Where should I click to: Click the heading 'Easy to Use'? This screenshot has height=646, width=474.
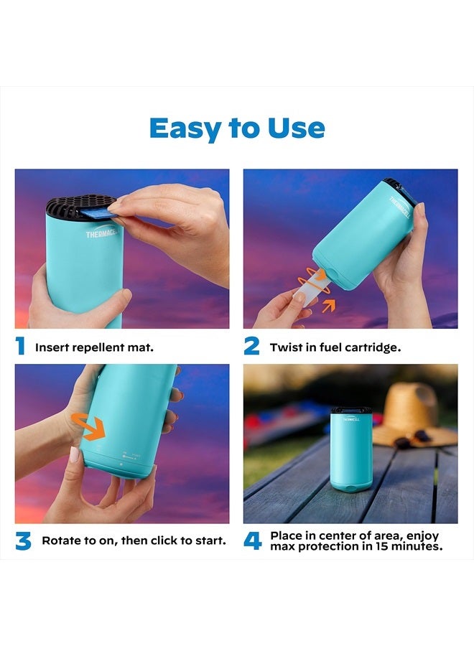[x=237, y=128]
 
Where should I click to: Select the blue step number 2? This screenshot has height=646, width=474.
[x=251, y=347]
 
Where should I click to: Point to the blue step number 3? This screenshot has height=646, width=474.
[x=23, y=540]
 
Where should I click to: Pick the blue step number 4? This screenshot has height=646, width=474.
[x=252, y=540]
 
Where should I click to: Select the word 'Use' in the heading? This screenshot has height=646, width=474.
[x=297, y=128]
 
